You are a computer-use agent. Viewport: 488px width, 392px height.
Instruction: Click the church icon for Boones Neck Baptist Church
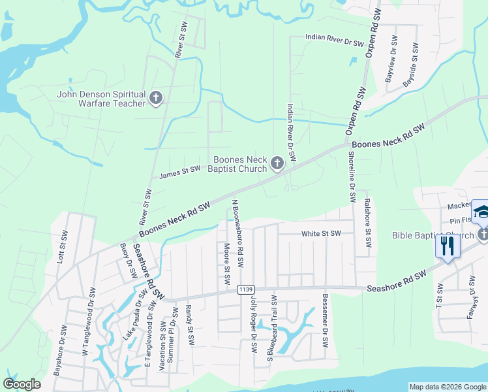277,163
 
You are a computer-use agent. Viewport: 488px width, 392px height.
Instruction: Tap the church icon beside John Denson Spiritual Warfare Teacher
155,99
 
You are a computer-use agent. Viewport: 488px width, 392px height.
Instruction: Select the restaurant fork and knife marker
448,246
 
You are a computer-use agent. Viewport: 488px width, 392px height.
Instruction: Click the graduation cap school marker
482,211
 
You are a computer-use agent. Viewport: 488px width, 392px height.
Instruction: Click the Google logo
22,384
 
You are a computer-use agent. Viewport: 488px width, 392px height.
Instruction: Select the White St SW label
321,233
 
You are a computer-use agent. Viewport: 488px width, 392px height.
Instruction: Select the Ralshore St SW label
367,223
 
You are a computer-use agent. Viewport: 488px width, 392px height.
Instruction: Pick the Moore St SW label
226,264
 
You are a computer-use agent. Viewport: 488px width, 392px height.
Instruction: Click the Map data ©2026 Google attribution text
448,387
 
